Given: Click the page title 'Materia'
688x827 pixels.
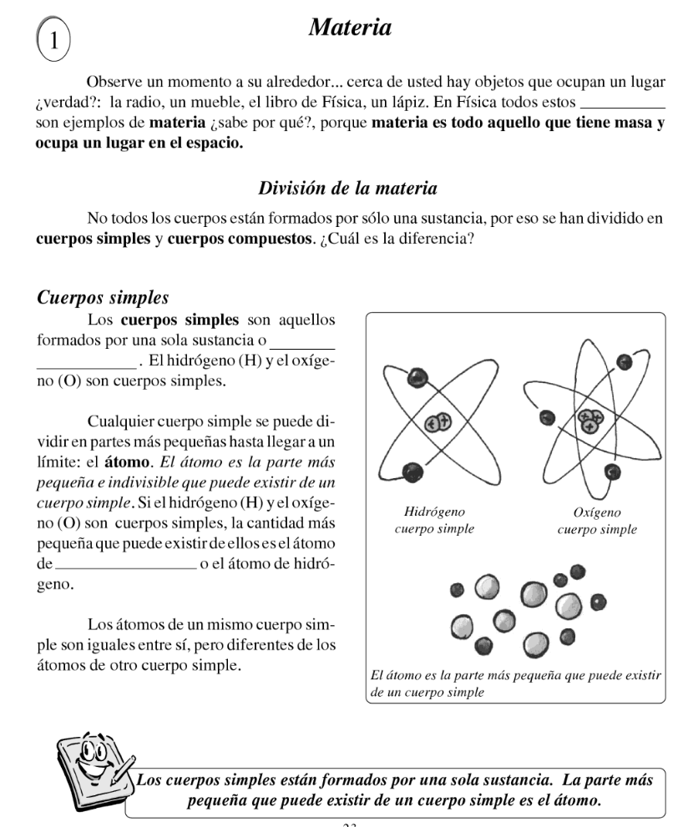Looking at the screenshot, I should [350, 28].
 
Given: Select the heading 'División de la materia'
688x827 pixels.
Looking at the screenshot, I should [347, 188].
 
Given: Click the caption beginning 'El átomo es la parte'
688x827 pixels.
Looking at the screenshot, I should [516, 683].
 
